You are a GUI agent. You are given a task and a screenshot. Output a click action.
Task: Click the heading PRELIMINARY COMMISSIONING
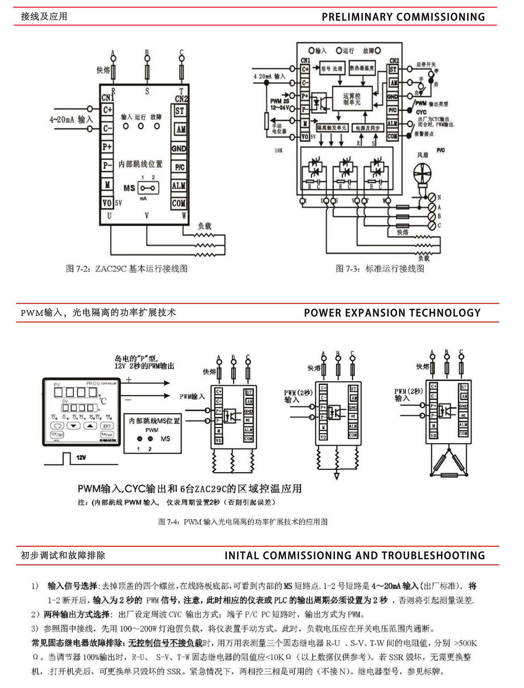point(403,17)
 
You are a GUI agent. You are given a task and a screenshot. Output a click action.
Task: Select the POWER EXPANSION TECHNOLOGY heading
point(392,313)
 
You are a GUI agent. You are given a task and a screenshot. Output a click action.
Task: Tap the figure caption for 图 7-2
point(127,269)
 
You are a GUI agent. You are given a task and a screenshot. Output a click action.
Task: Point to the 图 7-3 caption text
point(380,269)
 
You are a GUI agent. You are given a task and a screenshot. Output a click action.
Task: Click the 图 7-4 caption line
point(243,521)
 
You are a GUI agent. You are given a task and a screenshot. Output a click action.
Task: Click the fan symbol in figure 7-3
point(422,174)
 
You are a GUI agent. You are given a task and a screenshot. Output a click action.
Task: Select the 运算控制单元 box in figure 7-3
point(352,99)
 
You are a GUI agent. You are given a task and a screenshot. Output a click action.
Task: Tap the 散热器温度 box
point(362,69)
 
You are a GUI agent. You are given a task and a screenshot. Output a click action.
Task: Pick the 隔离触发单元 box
point(331,128)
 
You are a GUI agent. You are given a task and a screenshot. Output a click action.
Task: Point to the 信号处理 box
point(332,69)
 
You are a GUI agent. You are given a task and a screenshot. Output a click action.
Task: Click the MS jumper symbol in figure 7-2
point(148,188)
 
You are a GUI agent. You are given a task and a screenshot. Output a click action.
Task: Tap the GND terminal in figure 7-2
point(179,148)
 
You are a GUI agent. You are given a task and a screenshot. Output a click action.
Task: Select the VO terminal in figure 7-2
point(107,202)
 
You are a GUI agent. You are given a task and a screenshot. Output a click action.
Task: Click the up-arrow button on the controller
point(90,426)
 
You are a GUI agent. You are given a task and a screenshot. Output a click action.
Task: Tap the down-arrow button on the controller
point(73,426)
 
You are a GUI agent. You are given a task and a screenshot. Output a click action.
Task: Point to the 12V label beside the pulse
point(81,457)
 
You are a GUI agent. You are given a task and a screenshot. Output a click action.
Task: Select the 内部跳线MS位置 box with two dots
point(152,433)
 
